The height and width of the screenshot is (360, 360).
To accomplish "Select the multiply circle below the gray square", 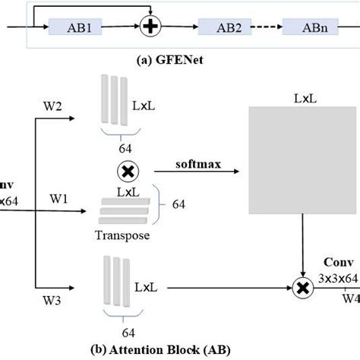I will (x=303, y=289).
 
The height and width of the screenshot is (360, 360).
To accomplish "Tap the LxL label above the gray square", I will (x=304, y=99).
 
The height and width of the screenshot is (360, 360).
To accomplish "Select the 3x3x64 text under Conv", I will (x=337, y=279).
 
